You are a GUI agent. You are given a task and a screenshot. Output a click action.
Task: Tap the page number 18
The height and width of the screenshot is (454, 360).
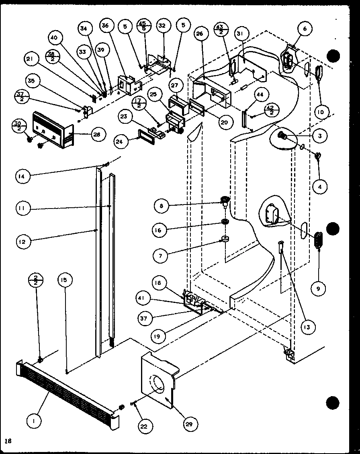(8, 441)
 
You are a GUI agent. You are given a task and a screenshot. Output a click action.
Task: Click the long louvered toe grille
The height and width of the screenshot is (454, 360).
(68, 389)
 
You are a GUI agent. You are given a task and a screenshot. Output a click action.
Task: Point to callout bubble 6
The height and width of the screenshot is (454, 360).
(305, 29)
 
